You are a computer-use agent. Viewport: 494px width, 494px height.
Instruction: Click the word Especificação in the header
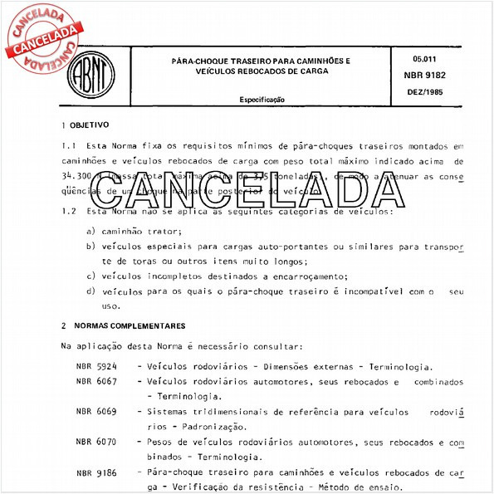tap(262, 99)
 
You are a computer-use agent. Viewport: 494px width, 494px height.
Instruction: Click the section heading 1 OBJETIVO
tap(85, 125)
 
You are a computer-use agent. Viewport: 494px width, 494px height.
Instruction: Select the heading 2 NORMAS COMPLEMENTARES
tap(123, 325)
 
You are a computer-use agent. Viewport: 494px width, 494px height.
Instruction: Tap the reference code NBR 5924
tap(96, 366)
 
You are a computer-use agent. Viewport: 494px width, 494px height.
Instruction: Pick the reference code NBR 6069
tap(96, 411)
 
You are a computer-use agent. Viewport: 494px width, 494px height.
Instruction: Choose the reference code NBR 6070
tap(96, 442)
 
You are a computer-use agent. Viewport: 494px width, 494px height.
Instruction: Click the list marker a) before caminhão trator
tap(90, 232)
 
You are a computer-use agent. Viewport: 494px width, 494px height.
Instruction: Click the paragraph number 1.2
tap(69, 212)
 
